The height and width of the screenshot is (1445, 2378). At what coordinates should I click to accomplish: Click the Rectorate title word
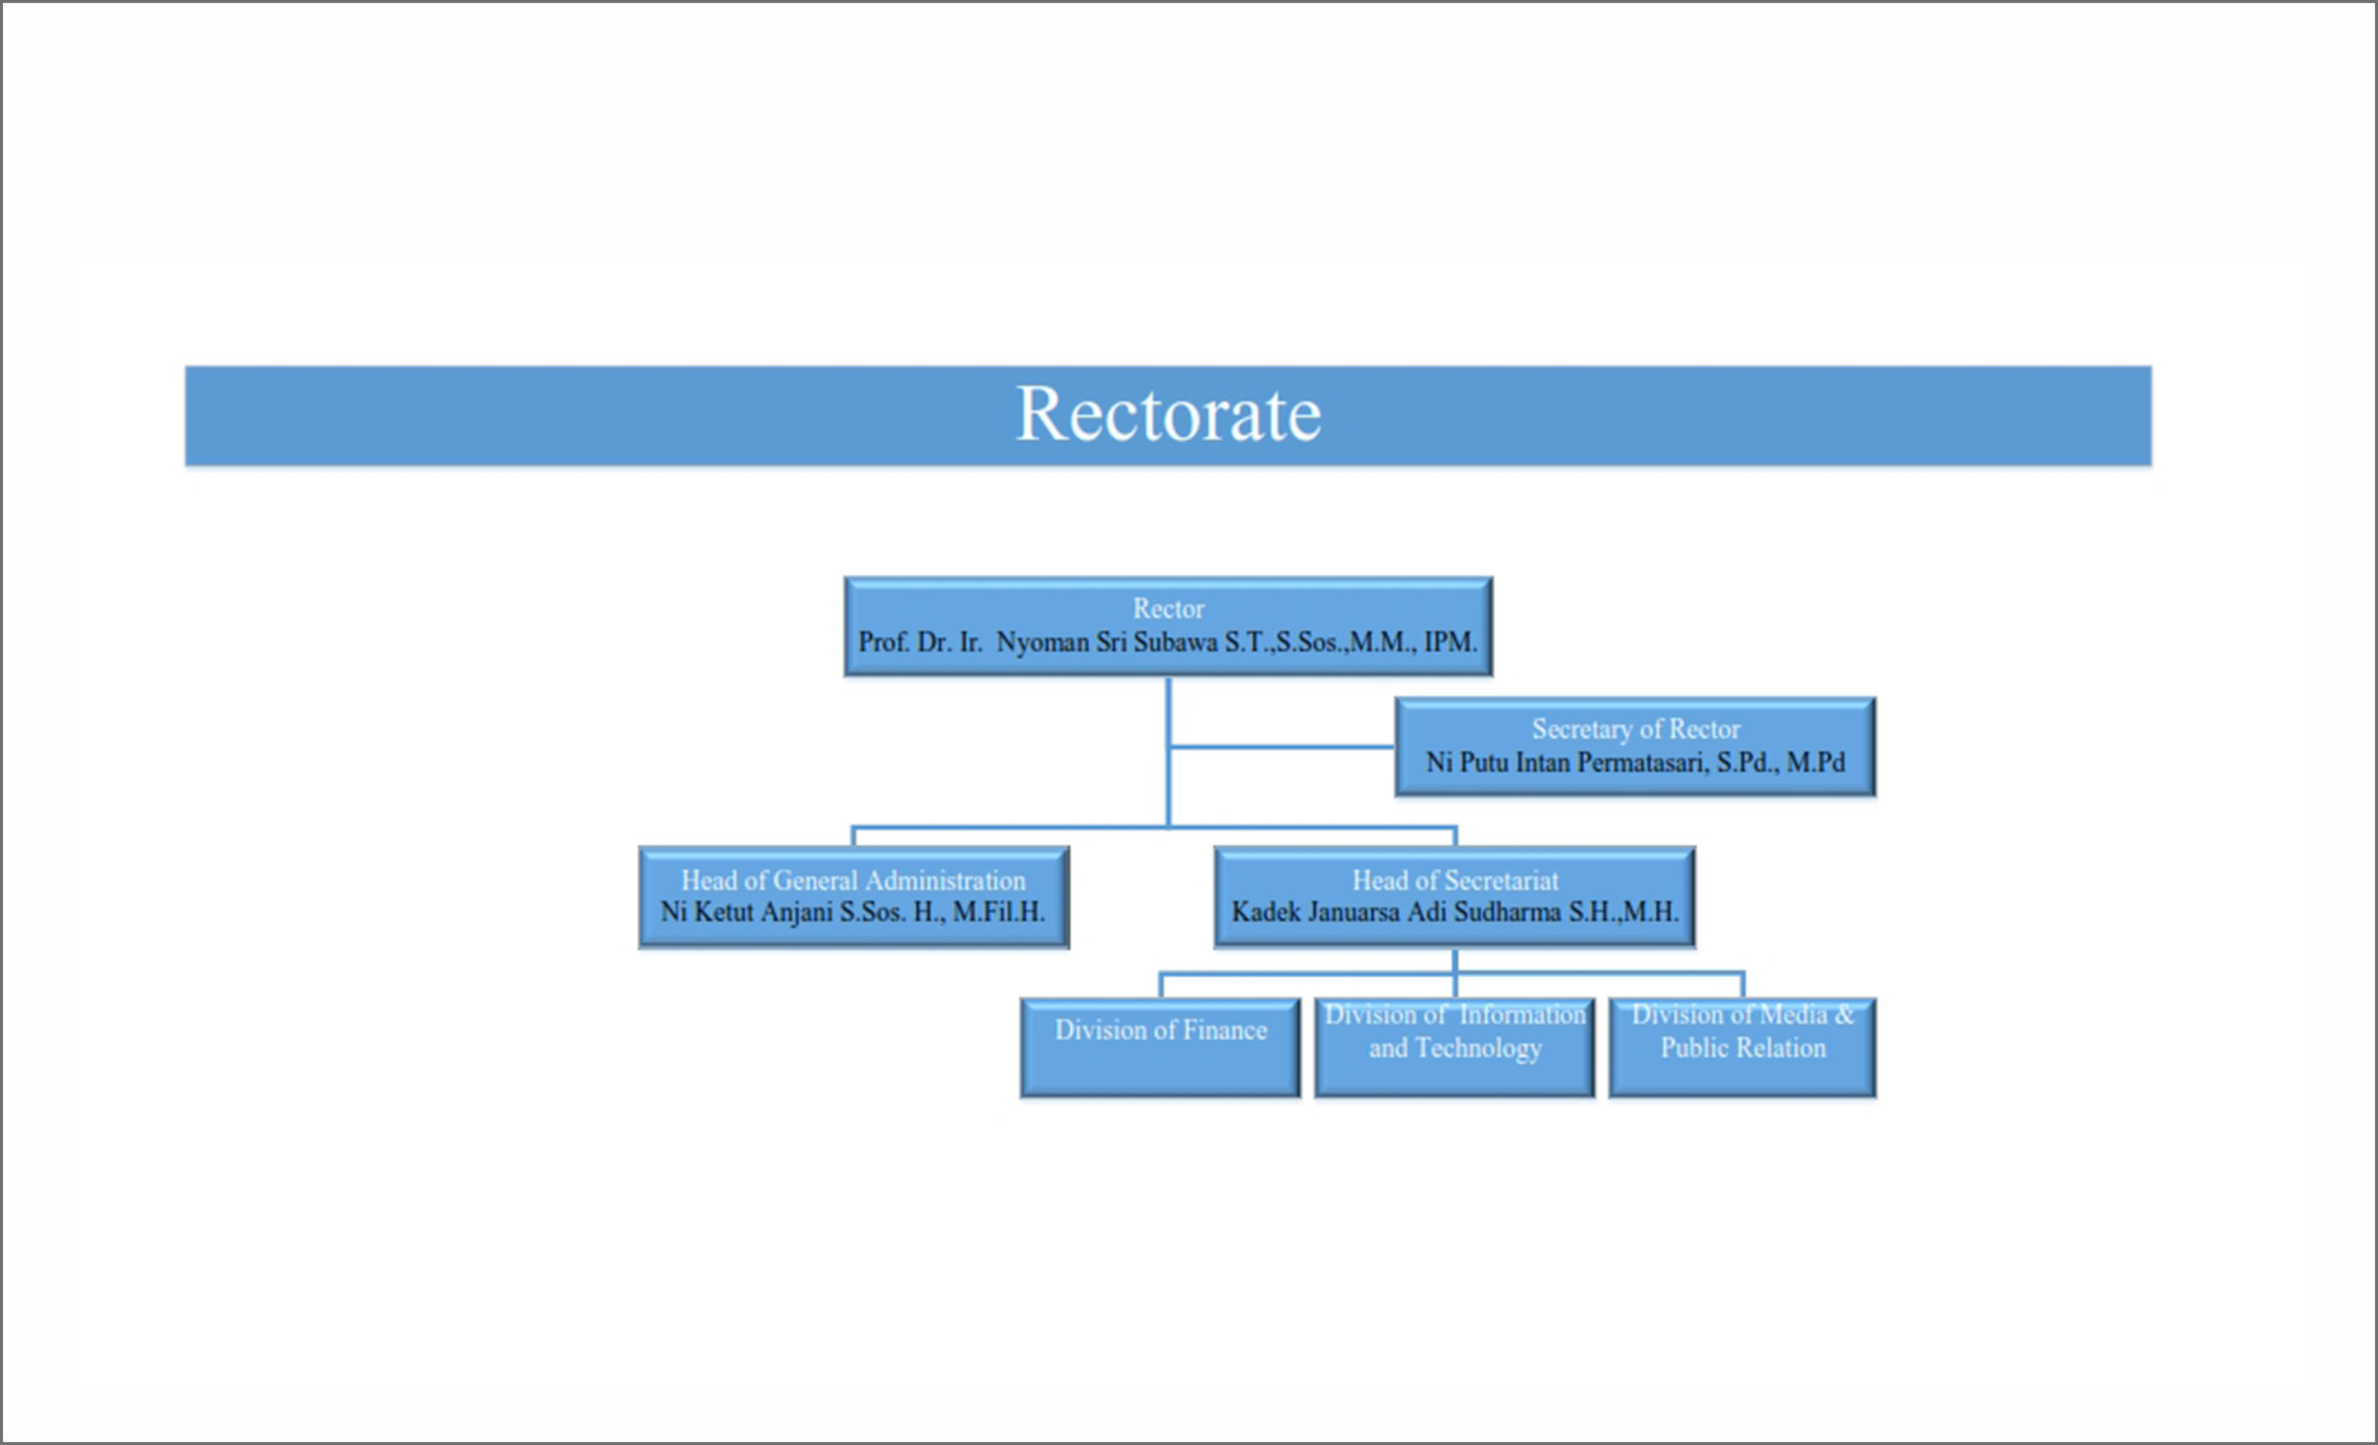coord(1169,415)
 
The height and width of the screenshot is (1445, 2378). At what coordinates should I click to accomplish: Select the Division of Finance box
coord(1160,1048)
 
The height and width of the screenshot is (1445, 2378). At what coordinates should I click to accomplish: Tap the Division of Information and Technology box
coord(1454,1048)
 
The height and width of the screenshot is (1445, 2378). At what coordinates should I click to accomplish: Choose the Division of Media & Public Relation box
coord(1742,1048)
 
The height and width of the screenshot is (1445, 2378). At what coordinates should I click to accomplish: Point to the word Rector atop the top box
coord(1169,608)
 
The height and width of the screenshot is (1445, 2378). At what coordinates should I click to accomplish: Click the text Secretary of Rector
coord(1636,729)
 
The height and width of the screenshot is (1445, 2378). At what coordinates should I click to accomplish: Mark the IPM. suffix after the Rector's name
coord(1450,643)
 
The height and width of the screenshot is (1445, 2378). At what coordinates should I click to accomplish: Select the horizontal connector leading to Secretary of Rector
coord(1281,747)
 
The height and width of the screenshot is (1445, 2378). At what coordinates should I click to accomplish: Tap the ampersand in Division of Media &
coord(1844,1015)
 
